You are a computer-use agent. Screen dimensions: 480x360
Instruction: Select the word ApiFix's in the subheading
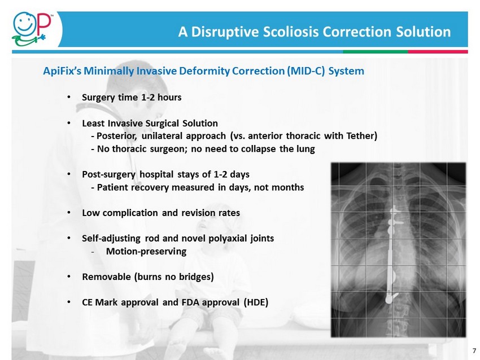click(62, 71)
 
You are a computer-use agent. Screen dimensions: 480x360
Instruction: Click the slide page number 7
click(474, 350)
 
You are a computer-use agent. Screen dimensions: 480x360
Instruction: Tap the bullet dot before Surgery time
click(69, 97)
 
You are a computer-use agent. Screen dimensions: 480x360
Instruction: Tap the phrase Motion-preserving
click(146, 252)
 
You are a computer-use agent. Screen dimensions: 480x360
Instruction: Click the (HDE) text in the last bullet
click(256, 302)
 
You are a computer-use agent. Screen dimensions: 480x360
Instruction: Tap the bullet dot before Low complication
click(69, 213)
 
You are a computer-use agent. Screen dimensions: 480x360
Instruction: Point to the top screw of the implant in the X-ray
click(395, 211)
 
